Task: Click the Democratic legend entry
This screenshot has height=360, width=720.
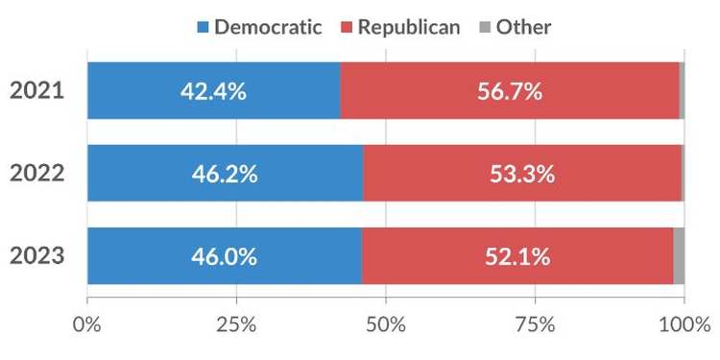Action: (x=258, y=26)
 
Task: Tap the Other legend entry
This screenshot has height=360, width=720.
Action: (x=515, y=26)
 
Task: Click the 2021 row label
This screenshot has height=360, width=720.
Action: (x=36, y=91)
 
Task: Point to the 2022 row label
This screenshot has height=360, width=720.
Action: (x=36, y=174)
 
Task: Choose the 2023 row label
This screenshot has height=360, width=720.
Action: (x=36, y=256)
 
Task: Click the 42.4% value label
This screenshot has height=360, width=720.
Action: (x=213, y=91)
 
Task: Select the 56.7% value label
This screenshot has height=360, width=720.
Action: (x=510, y=91)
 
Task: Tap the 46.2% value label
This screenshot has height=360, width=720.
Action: (x=225, y=174)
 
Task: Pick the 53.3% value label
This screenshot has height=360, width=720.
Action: (x=522, y=174)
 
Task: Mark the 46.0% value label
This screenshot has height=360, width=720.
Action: (x=224, y=256)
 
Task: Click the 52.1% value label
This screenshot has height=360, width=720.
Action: (x=517, y=256)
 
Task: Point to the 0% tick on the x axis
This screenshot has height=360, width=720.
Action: (x=87, y=324)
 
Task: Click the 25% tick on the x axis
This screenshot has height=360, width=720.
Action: (x=236, y=324)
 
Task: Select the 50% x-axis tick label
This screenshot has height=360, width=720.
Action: (x=386, y=324)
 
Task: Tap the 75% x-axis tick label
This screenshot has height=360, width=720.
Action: (x=535, y=324)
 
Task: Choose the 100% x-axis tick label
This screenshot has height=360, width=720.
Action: (x=684, y=324)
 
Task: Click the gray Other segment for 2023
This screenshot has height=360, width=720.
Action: (x=679, y=256)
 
